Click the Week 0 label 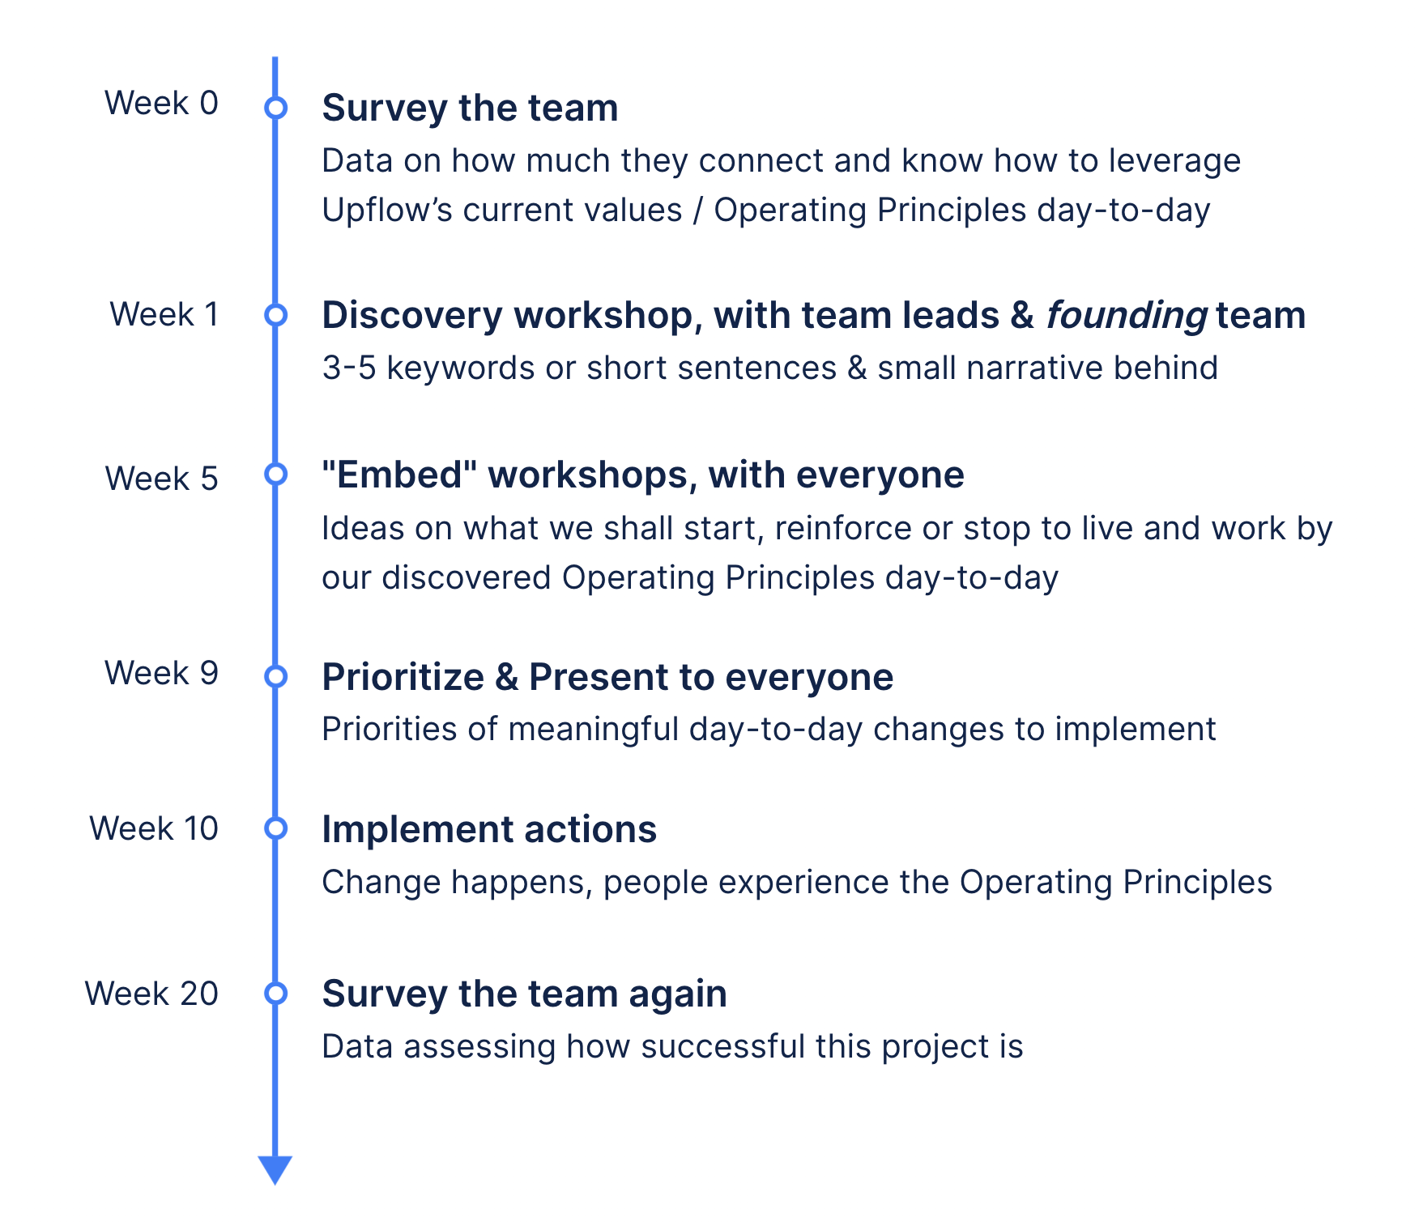tap(161, 103)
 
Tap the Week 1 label tap(164, 314)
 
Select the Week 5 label tap(161, 479)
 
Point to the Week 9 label tap(161, 673)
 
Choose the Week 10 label tap(154, 828)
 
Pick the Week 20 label tap(151, 994)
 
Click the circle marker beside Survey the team tap(276, 107)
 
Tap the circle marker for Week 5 tap(276, 474)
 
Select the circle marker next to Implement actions tap(276, 828)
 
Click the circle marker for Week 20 tap(276, 993)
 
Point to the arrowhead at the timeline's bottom tap(275, 1169)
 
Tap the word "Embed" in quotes tap(399, 475)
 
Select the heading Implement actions tap(489, 829)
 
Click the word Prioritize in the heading tap(403, 677)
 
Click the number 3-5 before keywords tap(349, 368)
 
